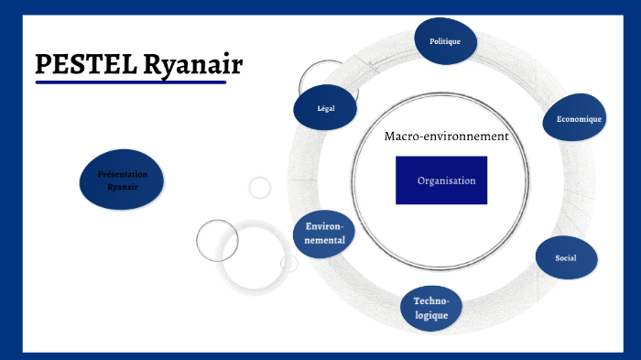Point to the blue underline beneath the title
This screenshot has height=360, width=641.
tap(130, 82)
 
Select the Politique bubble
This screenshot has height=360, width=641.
tap(445, 41)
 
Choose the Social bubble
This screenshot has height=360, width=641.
tap(565, 257)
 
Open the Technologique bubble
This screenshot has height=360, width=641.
tap(430, 308)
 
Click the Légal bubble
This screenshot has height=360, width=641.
tap(325, 108)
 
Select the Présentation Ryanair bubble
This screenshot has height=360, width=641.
tap(122, 180)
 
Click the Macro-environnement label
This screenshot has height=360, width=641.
tap(446, 136)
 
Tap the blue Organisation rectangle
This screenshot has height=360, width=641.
tap(441, 180)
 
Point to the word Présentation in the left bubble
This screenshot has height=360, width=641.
tap(122, 173)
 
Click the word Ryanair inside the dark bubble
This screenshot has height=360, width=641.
tap(122, 187)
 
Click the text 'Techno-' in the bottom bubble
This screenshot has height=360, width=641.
tap(430, 300)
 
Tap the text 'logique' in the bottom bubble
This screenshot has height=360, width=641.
tap(430, 315)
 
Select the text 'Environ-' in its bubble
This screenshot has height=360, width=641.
tap(325, 226)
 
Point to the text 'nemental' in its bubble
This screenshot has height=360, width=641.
tap(325, 241)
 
